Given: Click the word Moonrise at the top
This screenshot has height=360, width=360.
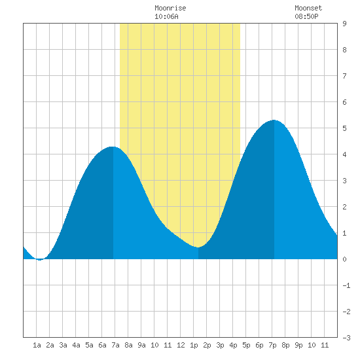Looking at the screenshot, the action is click(170, 9).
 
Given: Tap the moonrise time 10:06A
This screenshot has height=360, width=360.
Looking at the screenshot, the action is click(166, 16).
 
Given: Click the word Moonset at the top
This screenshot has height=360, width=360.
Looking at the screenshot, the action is click(308, 9).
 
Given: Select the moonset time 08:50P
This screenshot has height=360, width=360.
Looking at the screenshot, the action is click(306, 16).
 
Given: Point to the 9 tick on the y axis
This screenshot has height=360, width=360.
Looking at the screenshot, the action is click(344, 24).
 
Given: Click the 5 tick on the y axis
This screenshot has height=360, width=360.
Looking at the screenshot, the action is click(344, 128).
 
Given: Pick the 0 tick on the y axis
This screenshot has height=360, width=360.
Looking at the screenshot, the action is click(344, 259).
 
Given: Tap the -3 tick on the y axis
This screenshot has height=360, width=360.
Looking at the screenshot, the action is click(346, 338).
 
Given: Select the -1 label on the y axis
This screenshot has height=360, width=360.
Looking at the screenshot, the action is click(346, 285).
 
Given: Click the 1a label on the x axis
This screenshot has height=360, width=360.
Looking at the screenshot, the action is click(37, 345).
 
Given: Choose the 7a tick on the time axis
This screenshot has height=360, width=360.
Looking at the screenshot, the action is click(115, 345).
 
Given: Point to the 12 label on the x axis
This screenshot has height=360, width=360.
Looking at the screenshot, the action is click(181, 345).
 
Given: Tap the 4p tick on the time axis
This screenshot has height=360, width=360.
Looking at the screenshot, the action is click(233, 345).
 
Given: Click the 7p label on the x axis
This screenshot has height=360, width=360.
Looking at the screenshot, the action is click(272, 345).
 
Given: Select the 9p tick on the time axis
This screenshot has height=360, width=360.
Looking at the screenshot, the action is click(298, 345).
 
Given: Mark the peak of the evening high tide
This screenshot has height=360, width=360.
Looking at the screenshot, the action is click(274, 120).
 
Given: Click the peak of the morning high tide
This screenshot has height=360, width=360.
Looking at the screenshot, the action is click(113, 147).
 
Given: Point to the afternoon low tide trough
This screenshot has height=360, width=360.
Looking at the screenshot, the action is click(198, 247).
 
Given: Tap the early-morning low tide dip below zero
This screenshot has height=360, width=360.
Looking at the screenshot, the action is click(40, 260).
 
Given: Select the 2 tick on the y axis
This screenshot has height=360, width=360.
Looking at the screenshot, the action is click(344, 207).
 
